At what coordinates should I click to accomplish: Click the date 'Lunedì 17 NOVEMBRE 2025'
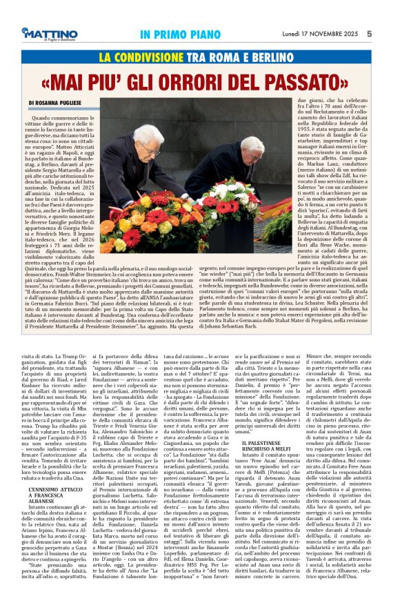point(321,33)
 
